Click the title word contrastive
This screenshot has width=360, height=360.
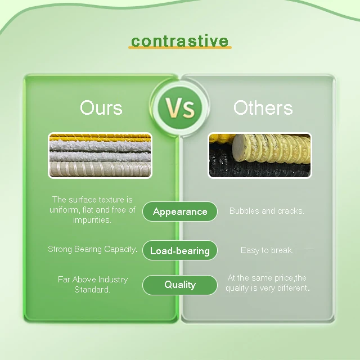(x=179, y=40)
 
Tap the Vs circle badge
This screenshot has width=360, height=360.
(x=179, y=107)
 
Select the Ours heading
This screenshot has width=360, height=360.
(x=101, y=107)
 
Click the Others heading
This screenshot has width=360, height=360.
(x=263, y=107)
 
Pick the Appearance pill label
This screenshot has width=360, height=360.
(x=180, y=211)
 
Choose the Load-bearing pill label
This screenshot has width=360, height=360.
(x=179, y=251)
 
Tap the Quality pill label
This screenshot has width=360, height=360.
(x=179, y=285)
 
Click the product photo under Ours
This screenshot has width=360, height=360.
(x=100, y=155)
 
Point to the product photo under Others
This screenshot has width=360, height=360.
(x=259, y=155)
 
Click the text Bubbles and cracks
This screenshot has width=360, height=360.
(x=267, y=211)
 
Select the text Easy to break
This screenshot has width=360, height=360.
(x=267, y=250)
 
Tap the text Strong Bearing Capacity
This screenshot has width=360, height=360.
(x=93, y=249)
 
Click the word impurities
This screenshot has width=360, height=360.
(x=92, y=220)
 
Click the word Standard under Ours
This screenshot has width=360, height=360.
(x=92, y=290)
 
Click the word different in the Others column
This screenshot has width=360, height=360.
(x=291, y=288)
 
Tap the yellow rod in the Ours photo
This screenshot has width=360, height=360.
(x=100, y=137)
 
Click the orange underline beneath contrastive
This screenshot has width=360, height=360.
(x=179, y=48)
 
